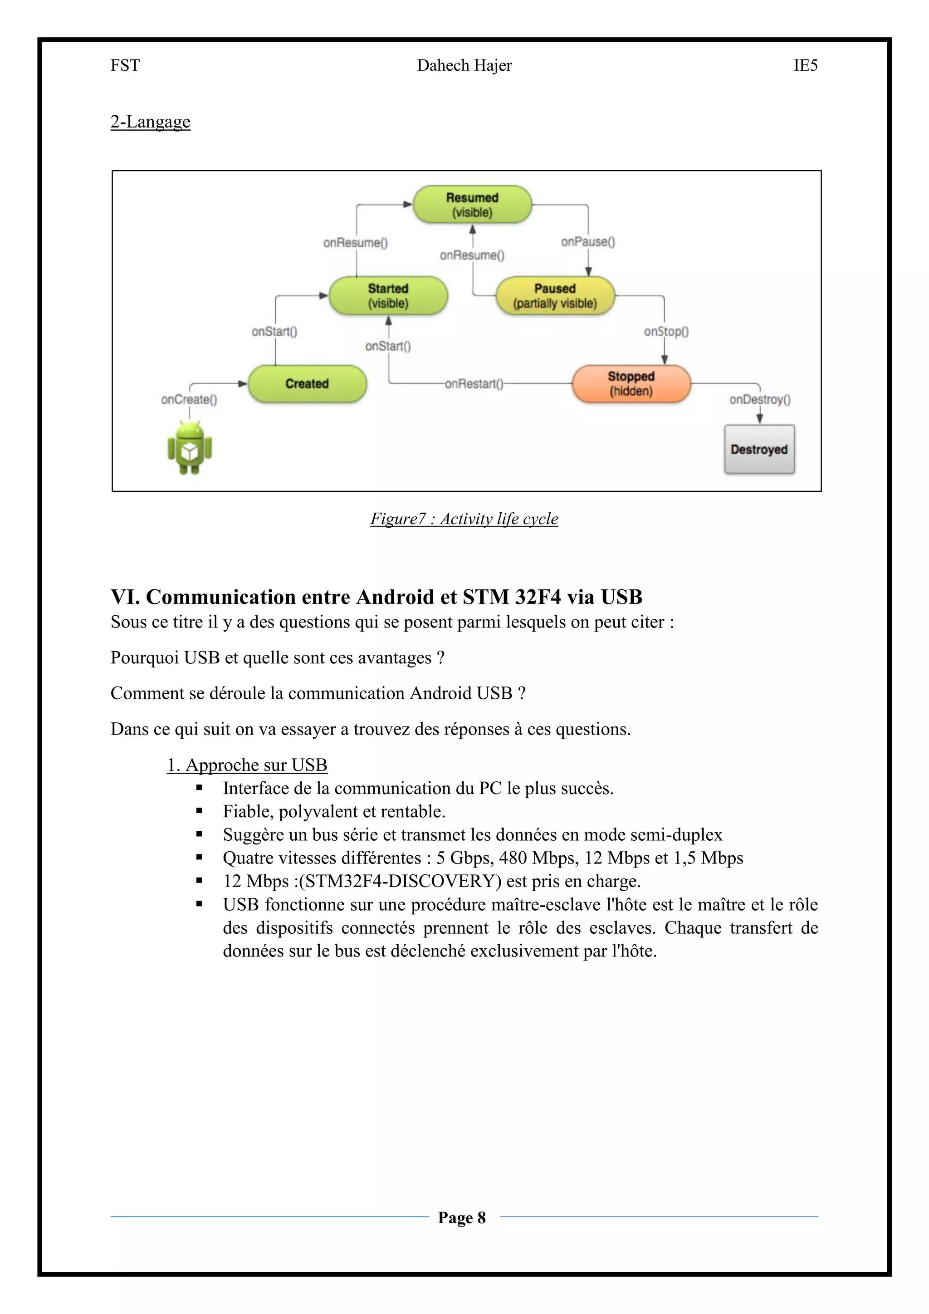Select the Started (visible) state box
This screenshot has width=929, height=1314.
[x=388, y=295]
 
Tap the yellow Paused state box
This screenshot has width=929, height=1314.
[x=554, y=295]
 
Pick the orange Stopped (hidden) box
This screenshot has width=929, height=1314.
[x=631, y=383]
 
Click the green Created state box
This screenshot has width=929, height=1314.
[x=307, y=383]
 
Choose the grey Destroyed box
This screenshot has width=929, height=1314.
[x=759, y=449]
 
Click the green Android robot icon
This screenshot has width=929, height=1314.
[x=189, y=447]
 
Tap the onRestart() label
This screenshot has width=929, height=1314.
[x=474, y=383]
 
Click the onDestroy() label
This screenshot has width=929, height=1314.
[x=760, y=399]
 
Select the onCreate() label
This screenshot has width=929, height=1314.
[x=189, y=399]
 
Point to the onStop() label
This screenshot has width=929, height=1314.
[x=666, y=331]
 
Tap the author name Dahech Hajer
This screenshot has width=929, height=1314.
[x=464, y=66]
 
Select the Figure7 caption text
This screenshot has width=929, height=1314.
[x=464, y=519]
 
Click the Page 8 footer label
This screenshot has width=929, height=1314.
[x=462, y=1217]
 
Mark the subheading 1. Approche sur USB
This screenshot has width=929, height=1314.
[x=247, y=765]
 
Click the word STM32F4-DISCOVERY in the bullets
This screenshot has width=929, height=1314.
[x=400, y=881]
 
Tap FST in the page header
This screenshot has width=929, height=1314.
[x=125, y=66]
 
